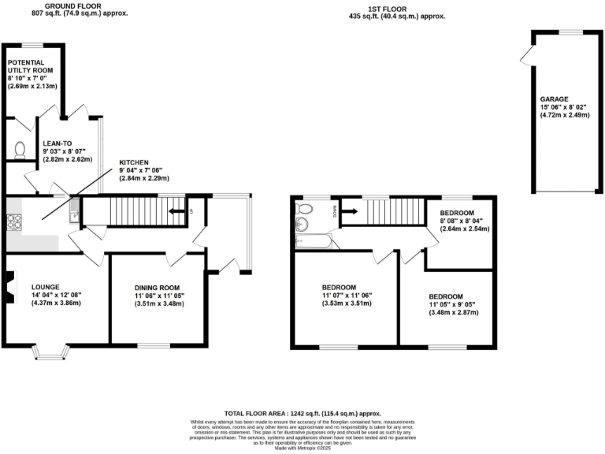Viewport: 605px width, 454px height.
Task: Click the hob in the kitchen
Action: tap(15, 221)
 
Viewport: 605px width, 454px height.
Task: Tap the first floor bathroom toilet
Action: tap(306, 208)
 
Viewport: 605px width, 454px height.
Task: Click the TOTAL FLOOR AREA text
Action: tap(302, 413)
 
